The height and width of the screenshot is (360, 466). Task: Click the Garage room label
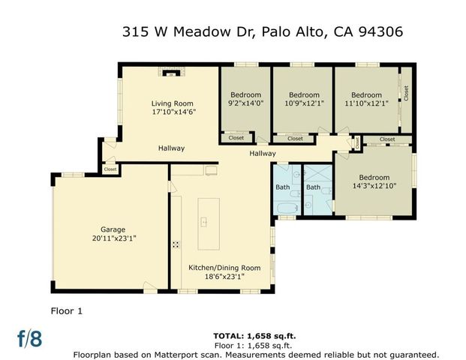pos(113,229)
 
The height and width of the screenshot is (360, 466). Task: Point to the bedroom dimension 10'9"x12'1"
pos(303,104)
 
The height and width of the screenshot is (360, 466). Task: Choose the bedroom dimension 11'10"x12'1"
pos(366,104)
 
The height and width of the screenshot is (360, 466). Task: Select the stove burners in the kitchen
pos(176,244)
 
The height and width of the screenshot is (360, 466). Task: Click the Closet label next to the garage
pos(110,169)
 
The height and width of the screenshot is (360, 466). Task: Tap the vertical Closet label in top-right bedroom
pos(406,93)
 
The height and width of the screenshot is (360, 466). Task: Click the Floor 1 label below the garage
pos(68,309)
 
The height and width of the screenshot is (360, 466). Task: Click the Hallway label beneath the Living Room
pos(171,148)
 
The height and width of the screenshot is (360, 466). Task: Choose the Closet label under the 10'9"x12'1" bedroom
pos(295,138)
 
